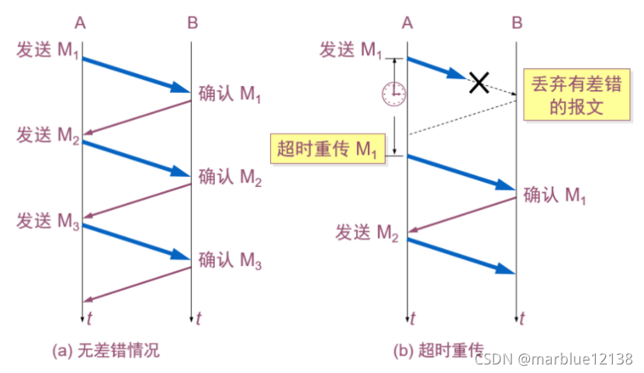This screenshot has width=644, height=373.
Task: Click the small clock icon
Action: click(x=393, y=93)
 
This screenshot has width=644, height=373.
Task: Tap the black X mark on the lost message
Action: click(x=480, y=81)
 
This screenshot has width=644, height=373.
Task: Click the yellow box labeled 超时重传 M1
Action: click(x=327, y=147)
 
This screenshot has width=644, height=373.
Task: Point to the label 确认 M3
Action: click(x=230, y=261)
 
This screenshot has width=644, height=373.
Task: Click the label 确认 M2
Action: click(x=230, y=178)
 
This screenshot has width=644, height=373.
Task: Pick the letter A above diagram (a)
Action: click(x=81, y=22)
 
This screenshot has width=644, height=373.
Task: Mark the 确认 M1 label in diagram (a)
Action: click(x=230, y=95)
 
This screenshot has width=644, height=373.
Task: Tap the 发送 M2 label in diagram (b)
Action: click(x=366, y=231)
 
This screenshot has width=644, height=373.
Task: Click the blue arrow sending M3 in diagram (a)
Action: click(x=136, y=241)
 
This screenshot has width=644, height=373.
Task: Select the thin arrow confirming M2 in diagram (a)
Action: click(x=137, y=200)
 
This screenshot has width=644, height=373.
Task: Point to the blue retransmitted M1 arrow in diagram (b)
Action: click(x=461, y=171)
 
